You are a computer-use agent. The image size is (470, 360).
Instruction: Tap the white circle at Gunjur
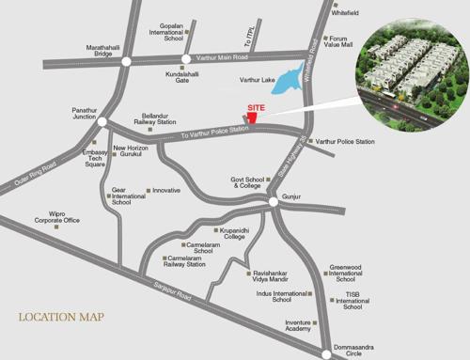pos(273,201)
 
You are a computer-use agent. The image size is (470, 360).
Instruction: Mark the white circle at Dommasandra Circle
pos(327,353)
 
